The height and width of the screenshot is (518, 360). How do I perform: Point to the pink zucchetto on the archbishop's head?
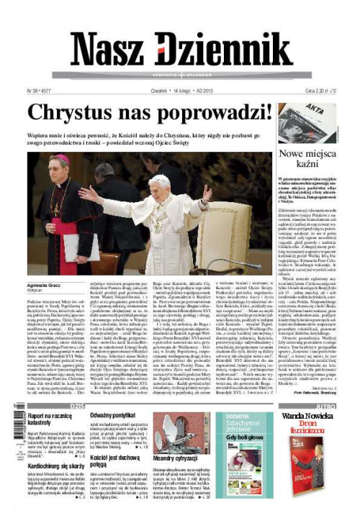(x=63, y=158)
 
